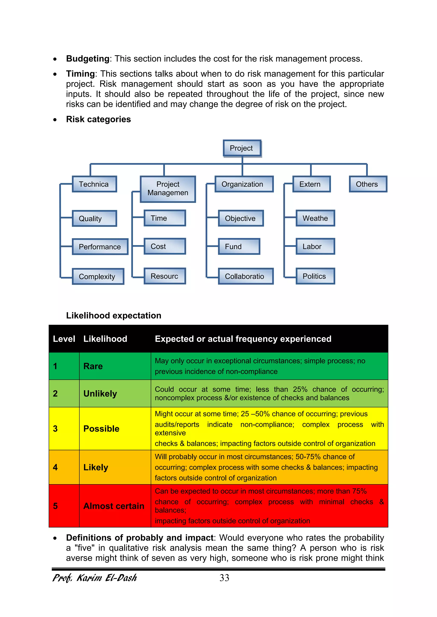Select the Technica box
point(94,184)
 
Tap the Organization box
point(244,184)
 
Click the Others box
point(368,184)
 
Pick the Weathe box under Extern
point(315,218)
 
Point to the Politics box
point(315,276)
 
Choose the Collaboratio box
point(245,276)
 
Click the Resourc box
point(165,276)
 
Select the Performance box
point(100,247)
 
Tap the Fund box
point(239,246)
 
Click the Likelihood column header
point(105,339)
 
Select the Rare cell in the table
point(93,366)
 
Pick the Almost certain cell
point(114,506)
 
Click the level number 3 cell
point(55,429)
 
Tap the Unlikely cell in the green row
point(100,394)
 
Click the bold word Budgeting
point(88,59)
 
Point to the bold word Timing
point(80,74)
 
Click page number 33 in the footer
point(224,578)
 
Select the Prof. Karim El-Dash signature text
point(95,578)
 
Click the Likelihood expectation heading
point(114,315)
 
